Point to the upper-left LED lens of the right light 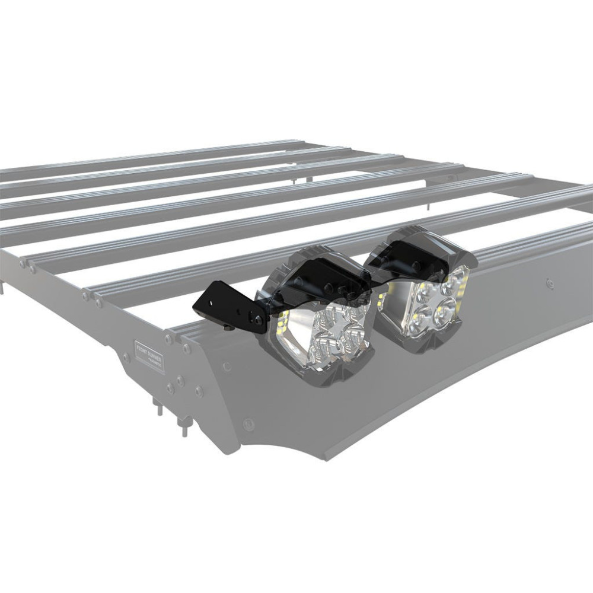click(425, 292)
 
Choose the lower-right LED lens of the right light click(446, 313)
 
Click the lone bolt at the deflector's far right click(550, 283)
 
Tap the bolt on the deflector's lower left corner click(249, 423)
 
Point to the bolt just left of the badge click(126, 358)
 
